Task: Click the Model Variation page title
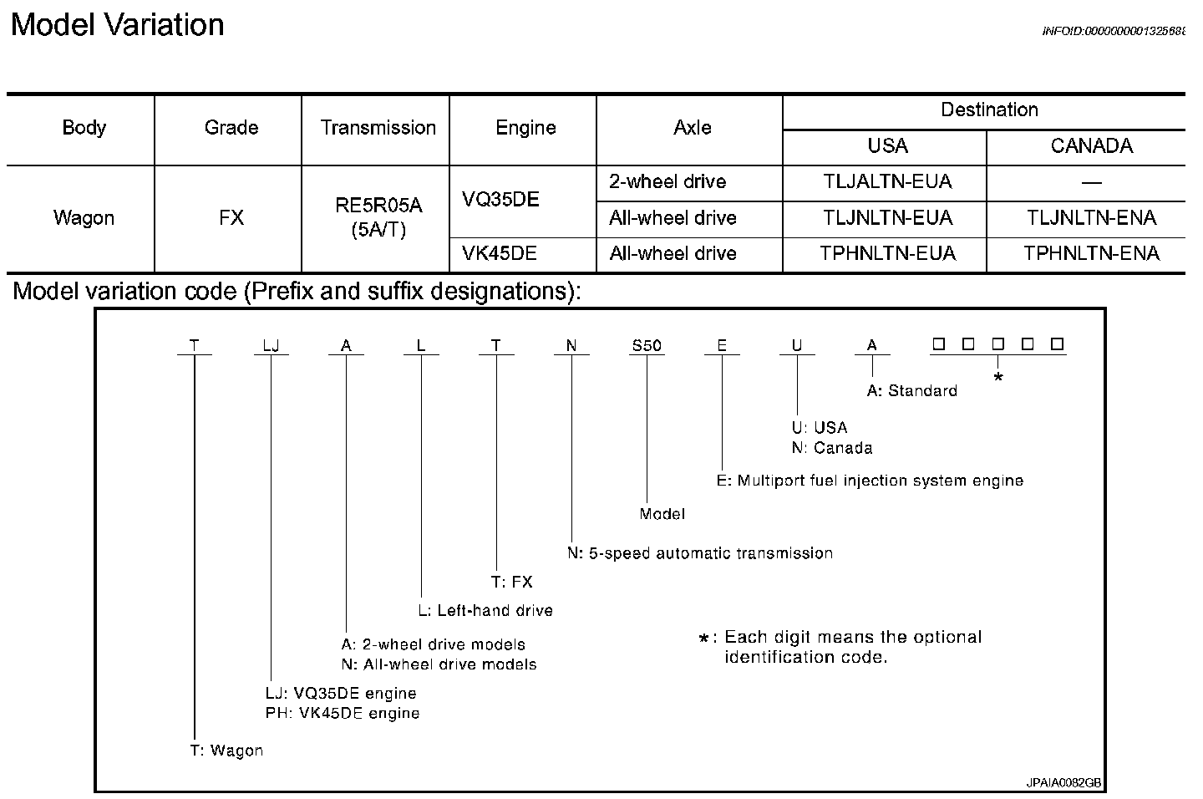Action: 118,25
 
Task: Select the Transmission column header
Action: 378,128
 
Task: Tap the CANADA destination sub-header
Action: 1091,146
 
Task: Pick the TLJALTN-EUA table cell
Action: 887,182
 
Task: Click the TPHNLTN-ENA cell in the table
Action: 1091,254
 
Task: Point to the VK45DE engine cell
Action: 500,254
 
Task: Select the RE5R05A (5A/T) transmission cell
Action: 379,218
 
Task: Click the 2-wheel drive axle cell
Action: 667,182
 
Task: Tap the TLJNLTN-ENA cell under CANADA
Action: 1091,218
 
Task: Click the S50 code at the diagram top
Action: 647,345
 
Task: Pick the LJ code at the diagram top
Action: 271,345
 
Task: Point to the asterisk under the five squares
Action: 997,379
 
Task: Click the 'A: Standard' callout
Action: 912,391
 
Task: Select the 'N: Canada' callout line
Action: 832,448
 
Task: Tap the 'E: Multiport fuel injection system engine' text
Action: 870,481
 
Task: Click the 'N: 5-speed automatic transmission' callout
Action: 700,553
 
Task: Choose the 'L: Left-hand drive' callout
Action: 485,611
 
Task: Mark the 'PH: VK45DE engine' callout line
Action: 343,714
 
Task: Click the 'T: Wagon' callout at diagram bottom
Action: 226,751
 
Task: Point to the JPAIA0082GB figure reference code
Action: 1064,783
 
